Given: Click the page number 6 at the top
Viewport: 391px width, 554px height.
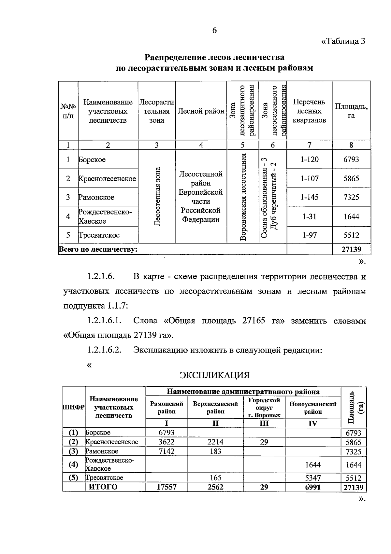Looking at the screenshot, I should (214, 30).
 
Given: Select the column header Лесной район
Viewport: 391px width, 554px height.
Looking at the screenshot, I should (201, 111).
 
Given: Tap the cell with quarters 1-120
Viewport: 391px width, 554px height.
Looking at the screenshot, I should (309, 159).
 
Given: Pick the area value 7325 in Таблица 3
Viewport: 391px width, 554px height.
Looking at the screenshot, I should (351, 197).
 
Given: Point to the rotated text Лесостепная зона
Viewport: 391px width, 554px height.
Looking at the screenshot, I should (157, 196).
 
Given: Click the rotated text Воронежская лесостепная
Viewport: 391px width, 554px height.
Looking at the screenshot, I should (243, 197).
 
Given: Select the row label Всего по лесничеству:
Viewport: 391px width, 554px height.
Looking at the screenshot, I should (98, 250).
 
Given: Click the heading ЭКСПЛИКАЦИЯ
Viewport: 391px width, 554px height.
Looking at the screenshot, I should (215, 375).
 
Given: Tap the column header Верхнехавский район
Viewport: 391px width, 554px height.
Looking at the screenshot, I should (215, 408).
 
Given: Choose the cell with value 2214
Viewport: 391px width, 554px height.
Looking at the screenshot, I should (215, 442).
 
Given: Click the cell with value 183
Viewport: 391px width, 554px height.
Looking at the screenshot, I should (215, 451).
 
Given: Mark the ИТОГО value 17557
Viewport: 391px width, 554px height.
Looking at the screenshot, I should (167, 487).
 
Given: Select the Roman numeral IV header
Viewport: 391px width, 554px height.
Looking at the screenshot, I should (312, 423).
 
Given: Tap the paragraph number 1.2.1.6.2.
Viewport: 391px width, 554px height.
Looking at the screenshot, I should (104, 350).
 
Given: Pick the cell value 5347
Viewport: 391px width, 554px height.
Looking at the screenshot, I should (312, 478).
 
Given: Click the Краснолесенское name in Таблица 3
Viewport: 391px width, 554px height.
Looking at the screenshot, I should (107, 178).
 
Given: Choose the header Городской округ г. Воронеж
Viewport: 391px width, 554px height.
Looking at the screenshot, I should (264, 408).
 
